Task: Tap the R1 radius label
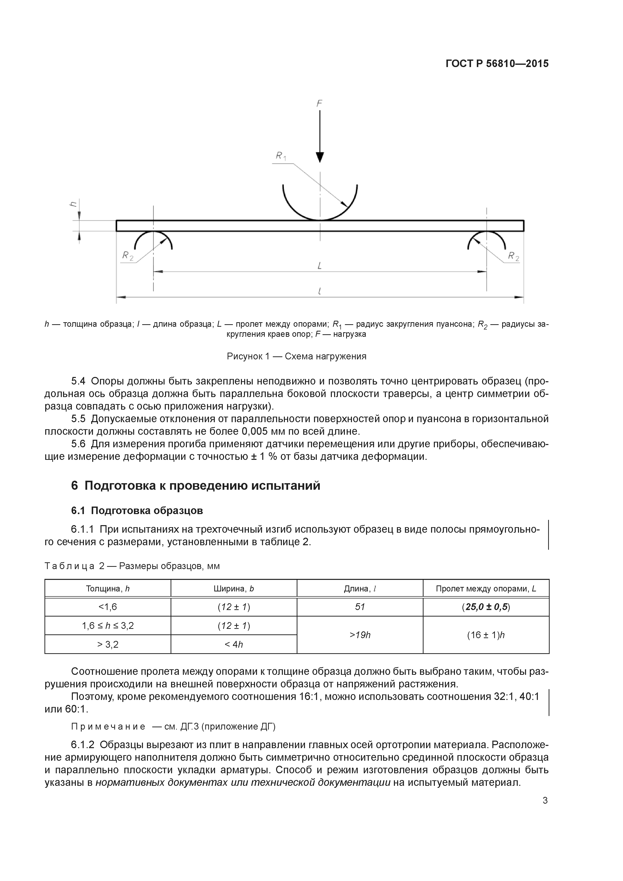pyautogui.click(x=281, y=156)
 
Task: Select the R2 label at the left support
pyautogui.click(x=127, y=256)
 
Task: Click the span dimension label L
pyautogui.click(x=319, y=265)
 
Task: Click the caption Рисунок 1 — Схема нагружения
pyautogui.click(x=296, y=356)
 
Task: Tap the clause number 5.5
pyautogui.click(x=78, y=419)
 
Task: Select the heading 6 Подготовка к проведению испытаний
pyautogui.click(x=195, y=485)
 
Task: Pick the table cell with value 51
pyautogui.click(x=360, y=607)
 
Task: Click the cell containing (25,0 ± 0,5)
pyautogui.click(x=486, y=607)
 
